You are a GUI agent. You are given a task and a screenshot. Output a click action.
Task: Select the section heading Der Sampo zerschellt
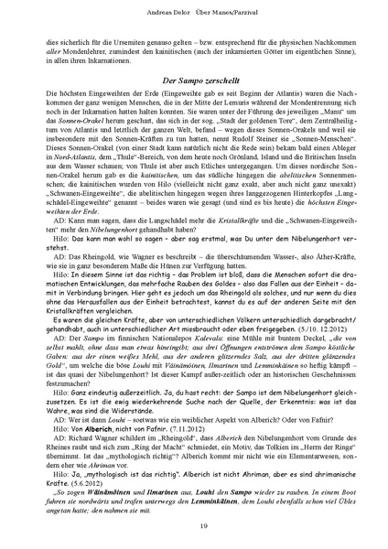194,83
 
